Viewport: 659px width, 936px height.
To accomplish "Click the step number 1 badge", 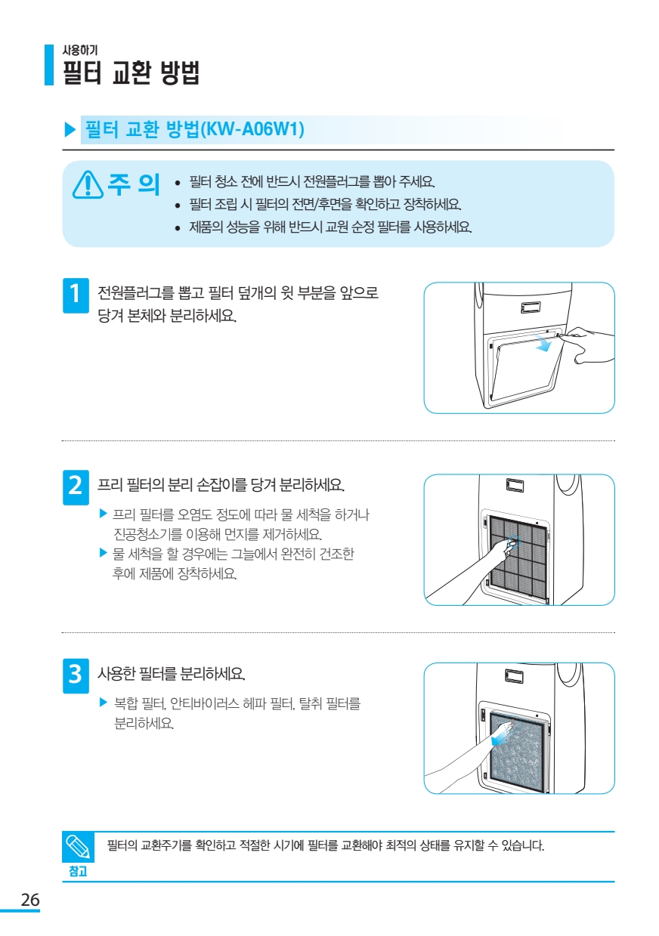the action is click(76, 295).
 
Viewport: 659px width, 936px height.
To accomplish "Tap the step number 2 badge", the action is click(76, 487).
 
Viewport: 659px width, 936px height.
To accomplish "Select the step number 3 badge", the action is click(76, 675).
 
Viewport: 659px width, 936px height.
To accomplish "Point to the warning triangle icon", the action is click(88, 184).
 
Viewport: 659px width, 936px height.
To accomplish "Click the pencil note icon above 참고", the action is click(78, 847).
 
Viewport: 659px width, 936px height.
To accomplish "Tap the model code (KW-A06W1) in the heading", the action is click(252, 128).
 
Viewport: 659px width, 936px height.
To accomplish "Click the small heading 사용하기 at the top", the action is click(80, 50).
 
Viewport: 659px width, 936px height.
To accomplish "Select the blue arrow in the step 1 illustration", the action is click(543, 344).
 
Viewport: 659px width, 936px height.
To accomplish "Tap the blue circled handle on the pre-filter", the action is click(513, 542).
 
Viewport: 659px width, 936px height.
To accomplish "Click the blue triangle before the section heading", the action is click(70, 129).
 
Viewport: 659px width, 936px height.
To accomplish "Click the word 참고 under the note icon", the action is click(78, 871).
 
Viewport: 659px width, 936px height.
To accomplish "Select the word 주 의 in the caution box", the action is click(134, 184).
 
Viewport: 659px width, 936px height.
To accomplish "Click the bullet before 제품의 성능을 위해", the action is click(178, 228).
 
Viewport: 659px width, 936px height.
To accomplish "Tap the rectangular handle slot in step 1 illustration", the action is click(531, 307).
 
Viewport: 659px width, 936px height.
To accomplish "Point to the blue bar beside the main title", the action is click(49, 65).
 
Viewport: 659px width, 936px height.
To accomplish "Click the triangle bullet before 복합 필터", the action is click(104, 703).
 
